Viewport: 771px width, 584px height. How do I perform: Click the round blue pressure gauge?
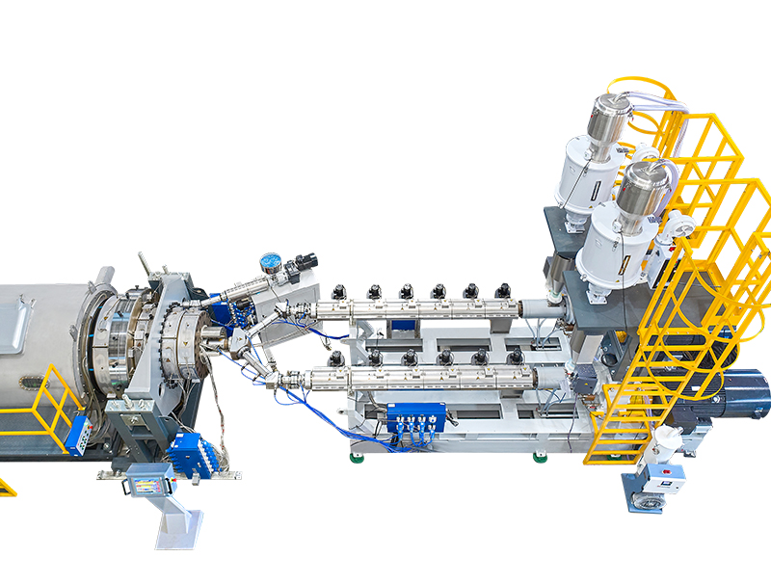pyautogui.click(x=271, y=261)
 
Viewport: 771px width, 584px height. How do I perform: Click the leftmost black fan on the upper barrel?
pyautogui.click(x=338, y=290)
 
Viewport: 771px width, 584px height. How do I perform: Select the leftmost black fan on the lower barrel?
pyautogui.click(x=335, y=358)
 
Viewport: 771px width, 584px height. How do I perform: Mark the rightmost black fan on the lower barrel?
pyautogui.click(x=515, y=358)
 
